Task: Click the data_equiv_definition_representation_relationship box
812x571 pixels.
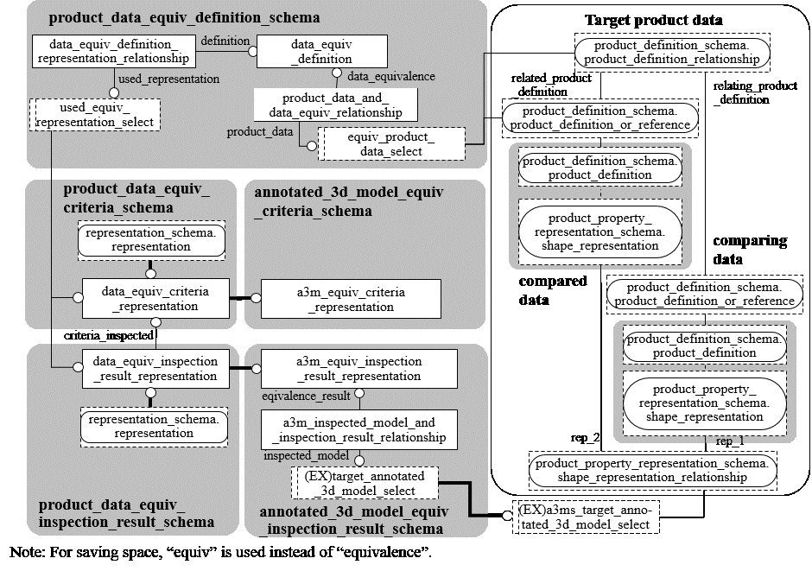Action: point(113,51)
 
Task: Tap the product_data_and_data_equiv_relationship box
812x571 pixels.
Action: point(335,105)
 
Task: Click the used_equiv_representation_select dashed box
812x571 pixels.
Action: point(95,115)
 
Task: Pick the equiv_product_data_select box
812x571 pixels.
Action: point(391,144)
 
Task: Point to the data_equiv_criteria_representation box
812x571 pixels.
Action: point(156,298)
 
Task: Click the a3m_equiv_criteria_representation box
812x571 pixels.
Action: point(350,299)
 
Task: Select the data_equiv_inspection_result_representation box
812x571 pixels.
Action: point(156,368)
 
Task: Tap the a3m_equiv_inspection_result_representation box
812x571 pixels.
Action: point(358,368)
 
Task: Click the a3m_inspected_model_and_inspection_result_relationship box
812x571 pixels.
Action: point(358,429)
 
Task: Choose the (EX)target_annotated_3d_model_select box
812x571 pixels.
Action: point(364,484)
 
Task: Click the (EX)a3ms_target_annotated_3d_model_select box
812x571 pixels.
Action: point(585,517)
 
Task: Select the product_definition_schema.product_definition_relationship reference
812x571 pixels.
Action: point(671,52)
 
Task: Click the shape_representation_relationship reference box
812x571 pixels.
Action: point(651,470)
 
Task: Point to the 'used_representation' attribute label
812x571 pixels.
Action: point(168,79)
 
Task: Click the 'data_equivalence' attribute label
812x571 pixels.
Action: point(390,76)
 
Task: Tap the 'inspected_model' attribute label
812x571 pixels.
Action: point(307,455)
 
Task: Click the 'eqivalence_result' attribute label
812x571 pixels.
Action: point(306,396)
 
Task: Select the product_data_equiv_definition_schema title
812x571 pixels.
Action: point(184,17)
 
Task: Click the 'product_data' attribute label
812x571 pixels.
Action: point(259,131)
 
